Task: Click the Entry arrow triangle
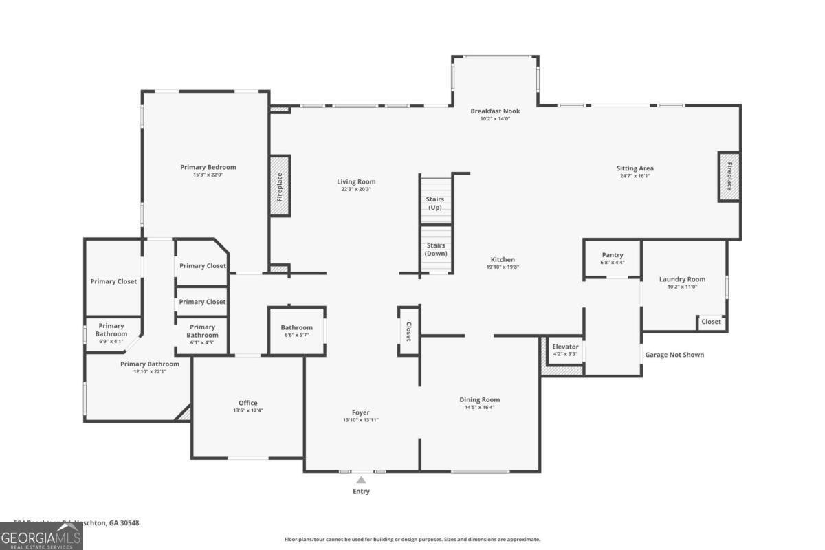click(361, 480)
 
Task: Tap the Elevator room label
click(565, 346)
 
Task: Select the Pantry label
click(612, 255)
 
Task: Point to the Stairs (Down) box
click(434, 248)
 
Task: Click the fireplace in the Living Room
click(280, 186)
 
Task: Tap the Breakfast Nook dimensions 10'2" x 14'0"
click(495, 119)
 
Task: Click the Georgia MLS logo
click(41, 536)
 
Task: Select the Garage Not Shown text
click(674, 355)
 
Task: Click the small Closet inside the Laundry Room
click(711, 322)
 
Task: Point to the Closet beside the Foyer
click(408, 331)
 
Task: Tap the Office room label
click(247, 403)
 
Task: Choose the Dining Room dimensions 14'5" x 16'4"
click(479, 407)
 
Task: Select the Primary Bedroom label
click(208, 167)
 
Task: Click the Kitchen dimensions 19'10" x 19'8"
click(503, 267)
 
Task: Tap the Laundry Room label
click(682, 279)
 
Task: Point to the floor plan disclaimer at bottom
click(412, 540)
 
